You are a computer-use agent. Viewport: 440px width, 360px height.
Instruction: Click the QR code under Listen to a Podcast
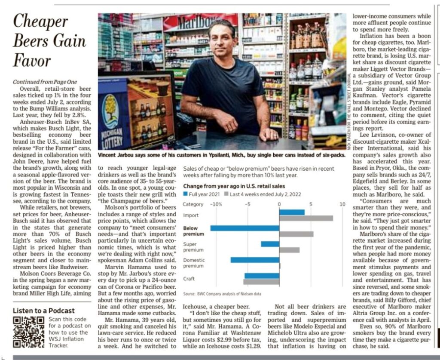[x=28, y=332]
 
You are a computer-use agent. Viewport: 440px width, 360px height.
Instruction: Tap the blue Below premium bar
[x=244, y=228]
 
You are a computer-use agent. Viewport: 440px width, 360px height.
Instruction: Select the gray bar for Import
[x=306, y=218]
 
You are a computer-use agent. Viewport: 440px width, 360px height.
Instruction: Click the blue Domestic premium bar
[x=255, y=260]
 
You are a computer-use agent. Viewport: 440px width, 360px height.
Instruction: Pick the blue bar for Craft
[x=262, y=276]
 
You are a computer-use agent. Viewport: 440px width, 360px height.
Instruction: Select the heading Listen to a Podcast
[x=43, y=311]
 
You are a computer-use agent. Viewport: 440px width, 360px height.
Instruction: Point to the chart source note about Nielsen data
[x=222, y=294]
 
